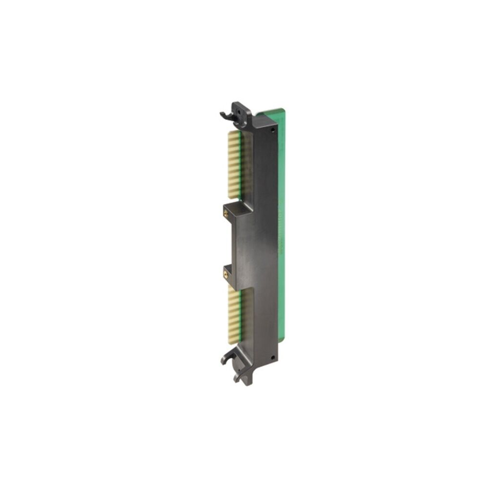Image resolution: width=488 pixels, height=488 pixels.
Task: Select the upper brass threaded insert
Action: click(x=226, y=214)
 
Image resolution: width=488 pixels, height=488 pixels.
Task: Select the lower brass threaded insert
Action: click(x=226, y=274)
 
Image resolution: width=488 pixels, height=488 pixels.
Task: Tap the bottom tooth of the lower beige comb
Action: click(x=233, y=341)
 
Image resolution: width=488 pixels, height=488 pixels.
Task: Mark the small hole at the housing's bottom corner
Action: click(x=273, y=357)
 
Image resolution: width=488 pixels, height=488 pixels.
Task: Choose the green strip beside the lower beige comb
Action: click(x=241, y=317)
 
